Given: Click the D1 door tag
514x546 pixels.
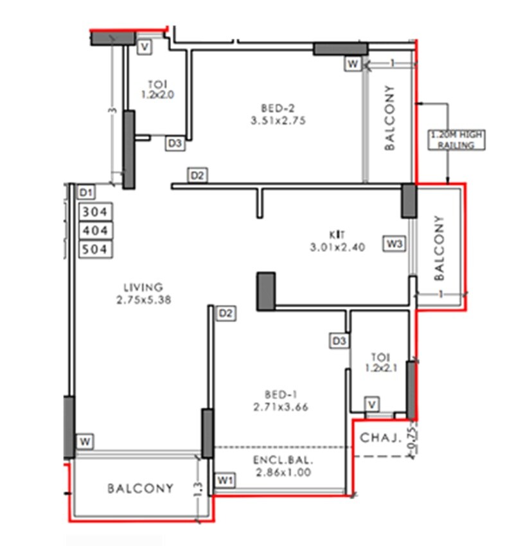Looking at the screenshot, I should [x=86, y=192].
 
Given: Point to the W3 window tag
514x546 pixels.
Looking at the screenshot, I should [x=394, y=243].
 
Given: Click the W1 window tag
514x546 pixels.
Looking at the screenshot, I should [x=224, y=479].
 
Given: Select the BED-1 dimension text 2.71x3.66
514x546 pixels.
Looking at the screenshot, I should [x=278, y=406].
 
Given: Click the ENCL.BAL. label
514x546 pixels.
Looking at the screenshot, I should [x=283, y=461].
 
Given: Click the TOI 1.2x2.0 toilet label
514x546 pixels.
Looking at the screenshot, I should [x=157, y=89].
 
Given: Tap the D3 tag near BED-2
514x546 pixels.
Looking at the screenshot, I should [x=175, y=144].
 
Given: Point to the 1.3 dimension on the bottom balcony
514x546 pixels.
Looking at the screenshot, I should [x=197, y=488].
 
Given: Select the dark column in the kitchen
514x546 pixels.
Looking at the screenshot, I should [x=266, y=291].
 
